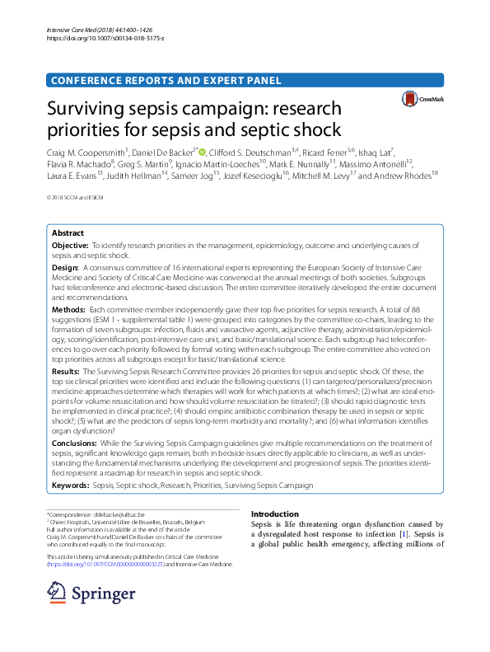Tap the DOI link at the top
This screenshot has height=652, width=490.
98,38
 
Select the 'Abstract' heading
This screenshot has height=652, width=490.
68,233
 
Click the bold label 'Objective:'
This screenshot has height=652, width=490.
70,246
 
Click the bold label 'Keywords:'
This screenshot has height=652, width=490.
71,486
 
